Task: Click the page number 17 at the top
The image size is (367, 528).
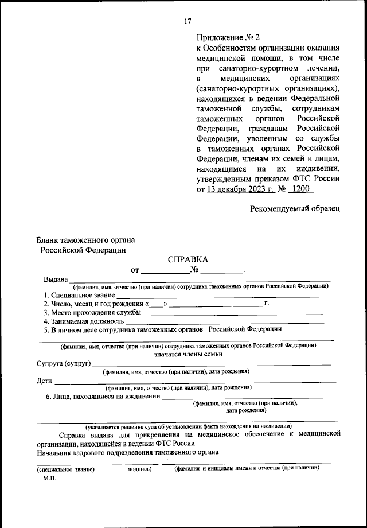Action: (x=187, y=21)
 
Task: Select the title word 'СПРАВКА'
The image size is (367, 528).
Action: (x=188, y=260)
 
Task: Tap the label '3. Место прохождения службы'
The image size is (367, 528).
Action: (x=92, y=313)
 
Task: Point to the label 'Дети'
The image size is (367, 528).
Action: (x=44, y=381)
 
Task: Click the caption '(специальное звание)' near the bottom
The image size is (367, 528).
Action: (x=65, y=469)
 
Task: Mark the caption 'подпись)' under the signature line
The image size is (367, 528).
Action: (x=139, y=469)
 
